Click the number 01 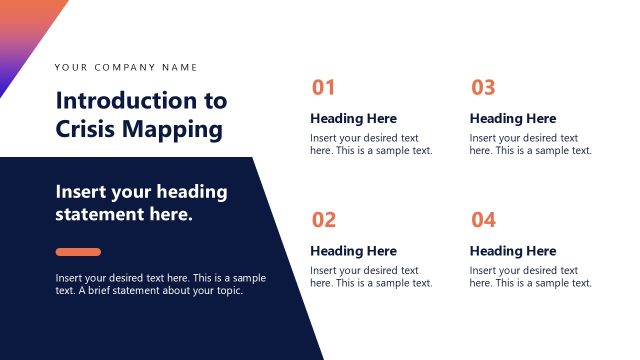(323, 88)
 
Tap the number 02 (324, 220)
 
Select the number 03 (483, 88)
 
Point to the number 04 (483, 220)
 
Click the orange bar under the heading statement (78, 252)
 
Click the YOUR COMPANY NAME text (126, 68)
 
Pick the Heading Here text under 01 (353, 119)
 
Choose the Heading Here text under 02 (353, 251)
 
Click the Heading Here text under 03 (513, 119)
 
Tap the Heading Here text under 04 (513, 251)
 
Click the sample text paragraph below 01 (371, 144)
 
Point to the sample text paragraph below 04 (530, 277)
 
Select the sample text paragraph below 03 (530, 144)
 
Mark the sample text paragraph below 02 (371, 277)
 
